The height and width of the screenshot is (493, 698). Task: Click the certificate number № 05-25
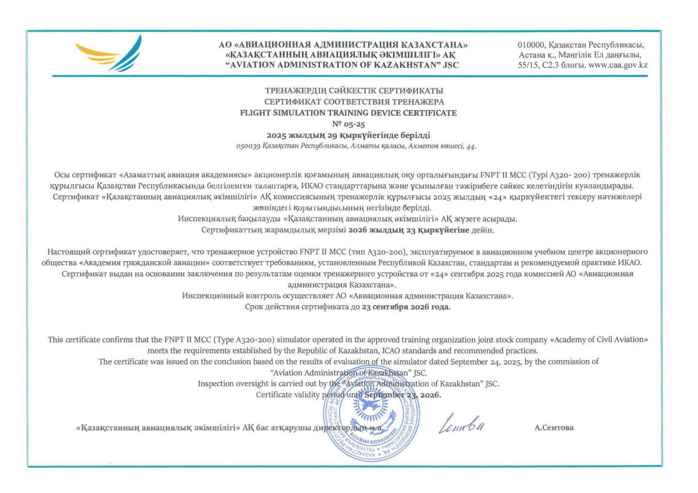[349, 124]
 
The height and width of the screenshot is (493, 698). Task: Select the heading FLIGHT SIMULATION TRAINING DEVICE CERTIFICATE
[349, 113]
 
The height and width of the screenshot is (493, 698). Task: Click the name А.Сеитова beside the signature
[554, 428]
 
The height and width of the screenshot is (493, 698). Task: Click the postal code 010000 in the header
[531, 45]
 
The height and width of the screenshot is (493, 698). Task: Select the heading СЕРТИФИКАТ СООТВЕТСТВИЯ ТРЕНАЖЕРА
[349, 101]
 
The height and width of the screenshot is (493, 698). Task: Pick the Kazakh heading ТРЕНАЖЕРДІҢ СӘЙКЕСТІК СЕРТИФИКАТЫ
[349, 91]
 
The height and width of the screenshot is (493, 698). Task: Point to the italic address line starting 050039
[349, 145]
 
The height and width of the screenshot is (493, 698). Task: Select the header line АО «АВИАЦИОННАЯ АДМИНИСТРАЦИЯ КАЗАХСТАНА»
[343, 45]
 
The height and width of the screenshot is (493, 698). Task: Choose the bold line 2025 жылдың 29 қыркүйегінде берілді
[349, 135]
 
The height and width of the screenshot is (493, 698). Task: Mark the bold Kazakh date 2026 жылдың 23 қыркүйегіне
[382, 231]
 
